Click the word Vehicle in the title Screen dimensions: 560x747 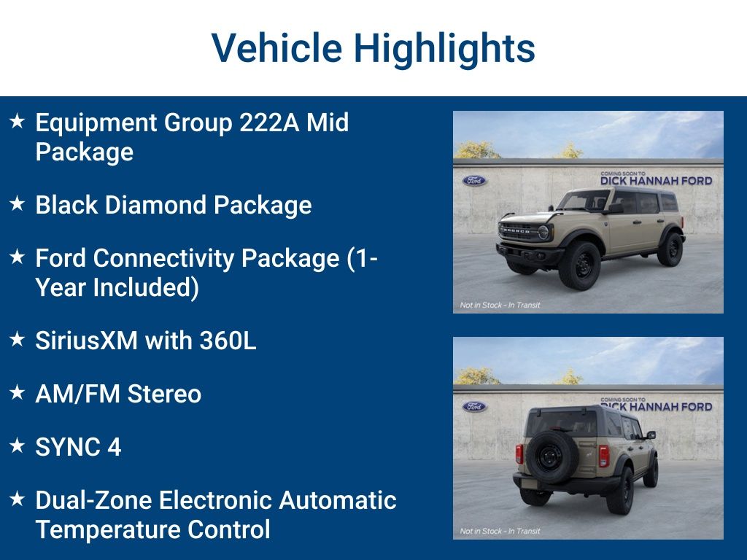pyautogui.click(x=276, y=48)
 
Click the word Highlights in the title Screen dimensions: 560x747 pyautogui.click(x=444, y=48)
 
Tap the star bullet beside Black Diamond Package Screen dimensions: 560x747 pyautogui.click(x=18, y=204)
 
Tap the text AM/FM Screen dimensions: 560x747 pyautogui.click(x=78, y=394)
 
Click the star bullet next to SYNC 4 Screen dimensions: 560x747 pyautogui.click(x=18, y=446)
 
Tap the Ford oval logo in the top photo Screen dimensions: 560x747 pyautogui.click(x=474, y=180)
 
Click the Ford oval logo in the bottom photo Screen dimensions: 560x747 pyautogui.click(x=474, y=406)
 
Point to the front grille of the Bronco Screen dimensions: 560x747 pyautogui.click(x=519, y=232)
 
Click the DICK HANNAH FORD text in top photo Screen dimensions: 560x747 pyautogui.click(x=656, y=180)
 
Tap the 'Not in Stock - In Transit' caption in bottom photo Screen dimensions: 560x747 pyautogui.click(x=500, y=531)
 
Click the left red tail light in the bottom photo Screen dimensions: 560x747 pyautogui.click(x=519, y=454)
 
